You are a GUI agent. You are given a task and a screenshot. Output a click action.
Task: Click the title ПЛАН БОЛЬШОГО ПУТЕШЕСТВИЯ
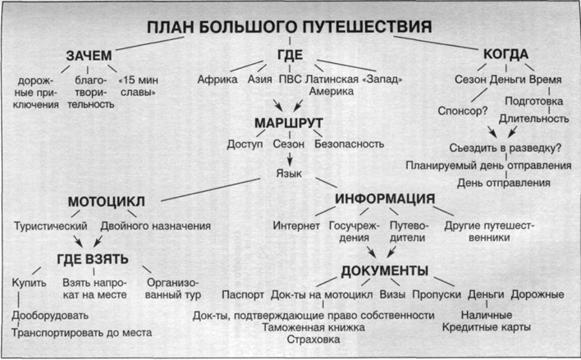point(290,27)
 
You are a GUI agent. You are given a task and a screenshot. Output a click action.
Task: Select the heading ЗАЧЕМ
point(89,56)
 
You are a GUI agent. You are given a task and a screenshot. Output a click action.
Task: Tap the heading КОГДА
point(506,54)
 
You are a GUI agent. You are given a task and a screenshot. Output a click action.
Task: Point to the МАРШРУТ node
point(289,123)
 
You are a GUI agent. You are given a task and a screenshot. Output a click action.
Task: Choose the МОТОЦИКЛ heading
point(107,202)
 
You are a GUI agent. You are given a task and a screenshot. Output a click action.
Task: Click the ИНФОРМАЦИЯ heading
point(385,199)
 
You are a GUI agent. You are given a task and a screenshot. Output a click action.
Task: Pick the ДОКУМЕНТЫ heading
point(385,271)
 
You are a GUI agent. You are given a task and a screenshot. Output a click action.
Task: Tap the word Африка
point(217,80)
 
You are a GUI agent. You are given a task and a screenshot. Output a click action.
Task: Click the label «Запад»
point(382,80)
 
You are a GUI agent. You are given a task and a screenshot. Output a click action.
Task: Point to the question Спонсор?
point(463,111)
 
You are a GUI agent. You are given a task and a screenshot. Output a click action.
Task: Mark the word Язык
point(289,173)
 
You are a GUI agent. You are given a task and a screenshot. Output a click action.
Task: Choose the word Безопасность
point(349,144)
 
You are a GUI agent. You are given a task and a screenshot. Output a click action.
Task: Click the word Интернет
point(296,226)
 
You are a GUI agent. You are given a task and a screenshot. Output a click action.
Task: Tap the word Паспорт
point(243,295)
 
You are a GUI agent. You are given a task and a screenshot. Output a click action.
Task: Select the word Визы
point(392,294)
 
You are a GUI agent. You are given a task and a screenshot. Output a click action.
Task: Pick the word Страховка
point(313,339)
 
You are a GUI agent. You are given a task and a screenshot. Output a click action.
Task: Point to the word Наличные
point(487,315)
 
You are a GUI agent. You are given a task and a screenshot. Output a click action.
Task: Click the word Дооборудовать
point(50,316)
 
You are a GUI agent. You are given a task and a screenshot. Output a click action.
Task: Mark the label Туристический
point(51,226)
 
